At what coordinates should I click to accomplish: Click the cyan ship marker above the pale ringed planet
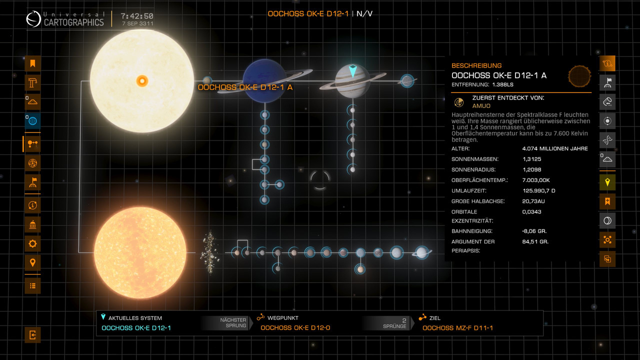click(x=352, y=71)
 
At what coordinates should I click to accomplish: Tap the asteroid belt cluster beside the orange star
click(x=208, y=252)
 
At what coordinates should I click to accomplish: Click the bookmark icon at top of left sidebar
click(x=32, y=63)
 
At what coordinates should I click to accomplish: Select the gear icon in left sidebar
click(x=32, y=244)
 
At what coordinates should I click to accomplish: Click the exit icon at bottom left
click(x=32, y=335)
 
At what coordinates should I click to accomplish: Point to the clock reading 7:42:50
click(x=137, y=16)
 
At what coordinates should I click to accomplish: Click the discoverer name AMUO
click(x=481, y=106)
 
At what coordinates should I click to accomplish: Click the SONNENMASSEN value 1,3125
click(x=532, y=159)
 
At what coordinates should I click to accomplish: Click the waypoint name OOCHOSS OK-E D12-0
click(x=295, y=328)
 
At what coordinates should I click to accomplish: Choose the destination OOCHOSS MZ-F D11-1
click(x=457, y=328)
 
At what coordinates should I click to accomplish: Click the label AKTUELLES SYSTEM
click(x=135, y=318)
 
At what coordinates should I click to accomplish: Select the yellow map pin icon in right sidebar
click(x=607, y=182)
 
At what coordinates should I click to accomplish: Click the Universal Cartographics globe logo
click(x=33, y=19)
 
